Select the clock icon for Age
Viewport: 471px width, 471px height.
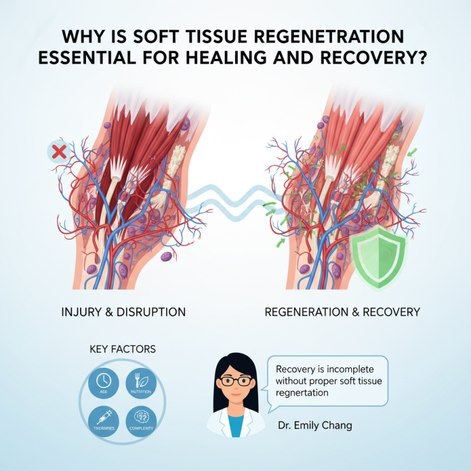104,380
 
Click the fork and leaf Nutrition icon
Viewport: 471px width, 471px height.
141,380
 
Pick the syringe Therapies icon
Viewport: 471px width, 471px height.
104,417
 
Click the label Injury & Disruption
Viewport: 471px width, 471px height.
123,312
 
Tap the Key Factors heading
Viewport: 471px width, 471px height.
122,349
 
